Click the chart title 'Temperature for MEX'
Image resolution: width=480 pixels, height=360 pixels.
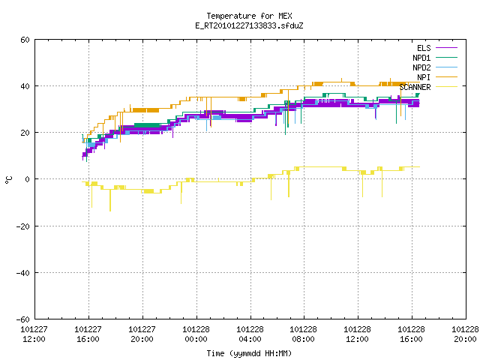click(x=249, y=16)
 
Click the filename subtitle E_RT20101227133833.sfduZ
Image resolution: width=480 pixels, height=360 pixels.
click(x=249, y=25)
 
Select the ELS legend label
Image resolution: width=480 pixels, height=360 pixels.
click(x=424, y=48)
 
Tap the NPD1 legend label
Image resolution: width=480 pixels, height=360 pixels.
click(x=421, y=58)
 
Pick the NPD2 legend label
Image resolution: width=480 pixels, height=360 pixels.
click(x=421, y=67)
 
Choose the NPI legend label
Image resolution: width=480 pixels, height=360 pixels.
click(x=424, y=77)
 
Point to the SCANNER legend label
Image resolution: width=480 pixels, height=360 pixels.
click(x=415, y=87)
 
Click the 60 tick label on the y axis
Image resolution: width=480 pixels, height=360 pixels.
click(x=25, y=40)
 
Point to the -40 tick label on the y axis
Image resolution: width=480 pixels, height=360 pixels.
click(x=23, y=273)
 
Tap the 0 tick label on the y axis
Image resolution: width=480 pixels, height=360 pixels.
click(x=27, y=179)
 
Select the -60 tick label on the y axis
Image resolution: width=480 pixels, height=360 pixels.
click(x=23, y=319)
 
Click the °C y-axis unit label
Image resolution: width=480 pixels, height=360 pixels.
click(x=8, y=180)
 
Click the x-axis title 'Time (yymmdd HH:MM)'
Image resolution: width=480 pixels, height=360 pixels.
click(x=249, y=353)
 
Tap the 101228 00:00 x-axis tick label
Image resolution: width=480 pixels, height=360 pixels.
click(x=196, y=334)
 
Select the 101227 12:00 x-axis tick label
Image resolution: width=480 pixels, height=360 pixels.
click(x=34, y=334)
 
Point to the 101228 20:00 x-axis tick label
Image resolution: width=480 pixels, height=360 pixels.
click(x=465, y=334)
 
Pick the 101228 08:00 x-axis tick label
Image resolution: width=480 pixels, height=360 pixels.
click(x=303, y=334)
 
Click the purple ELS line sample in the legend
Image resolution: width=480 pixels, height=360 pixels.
click(x=446, y=48)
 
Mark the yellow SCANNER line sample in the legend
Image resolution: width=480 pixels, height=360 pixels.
click(x=446, y=87)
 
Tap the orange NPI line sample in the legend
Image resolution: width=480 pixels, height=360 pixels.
click(x=446, y=77)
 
